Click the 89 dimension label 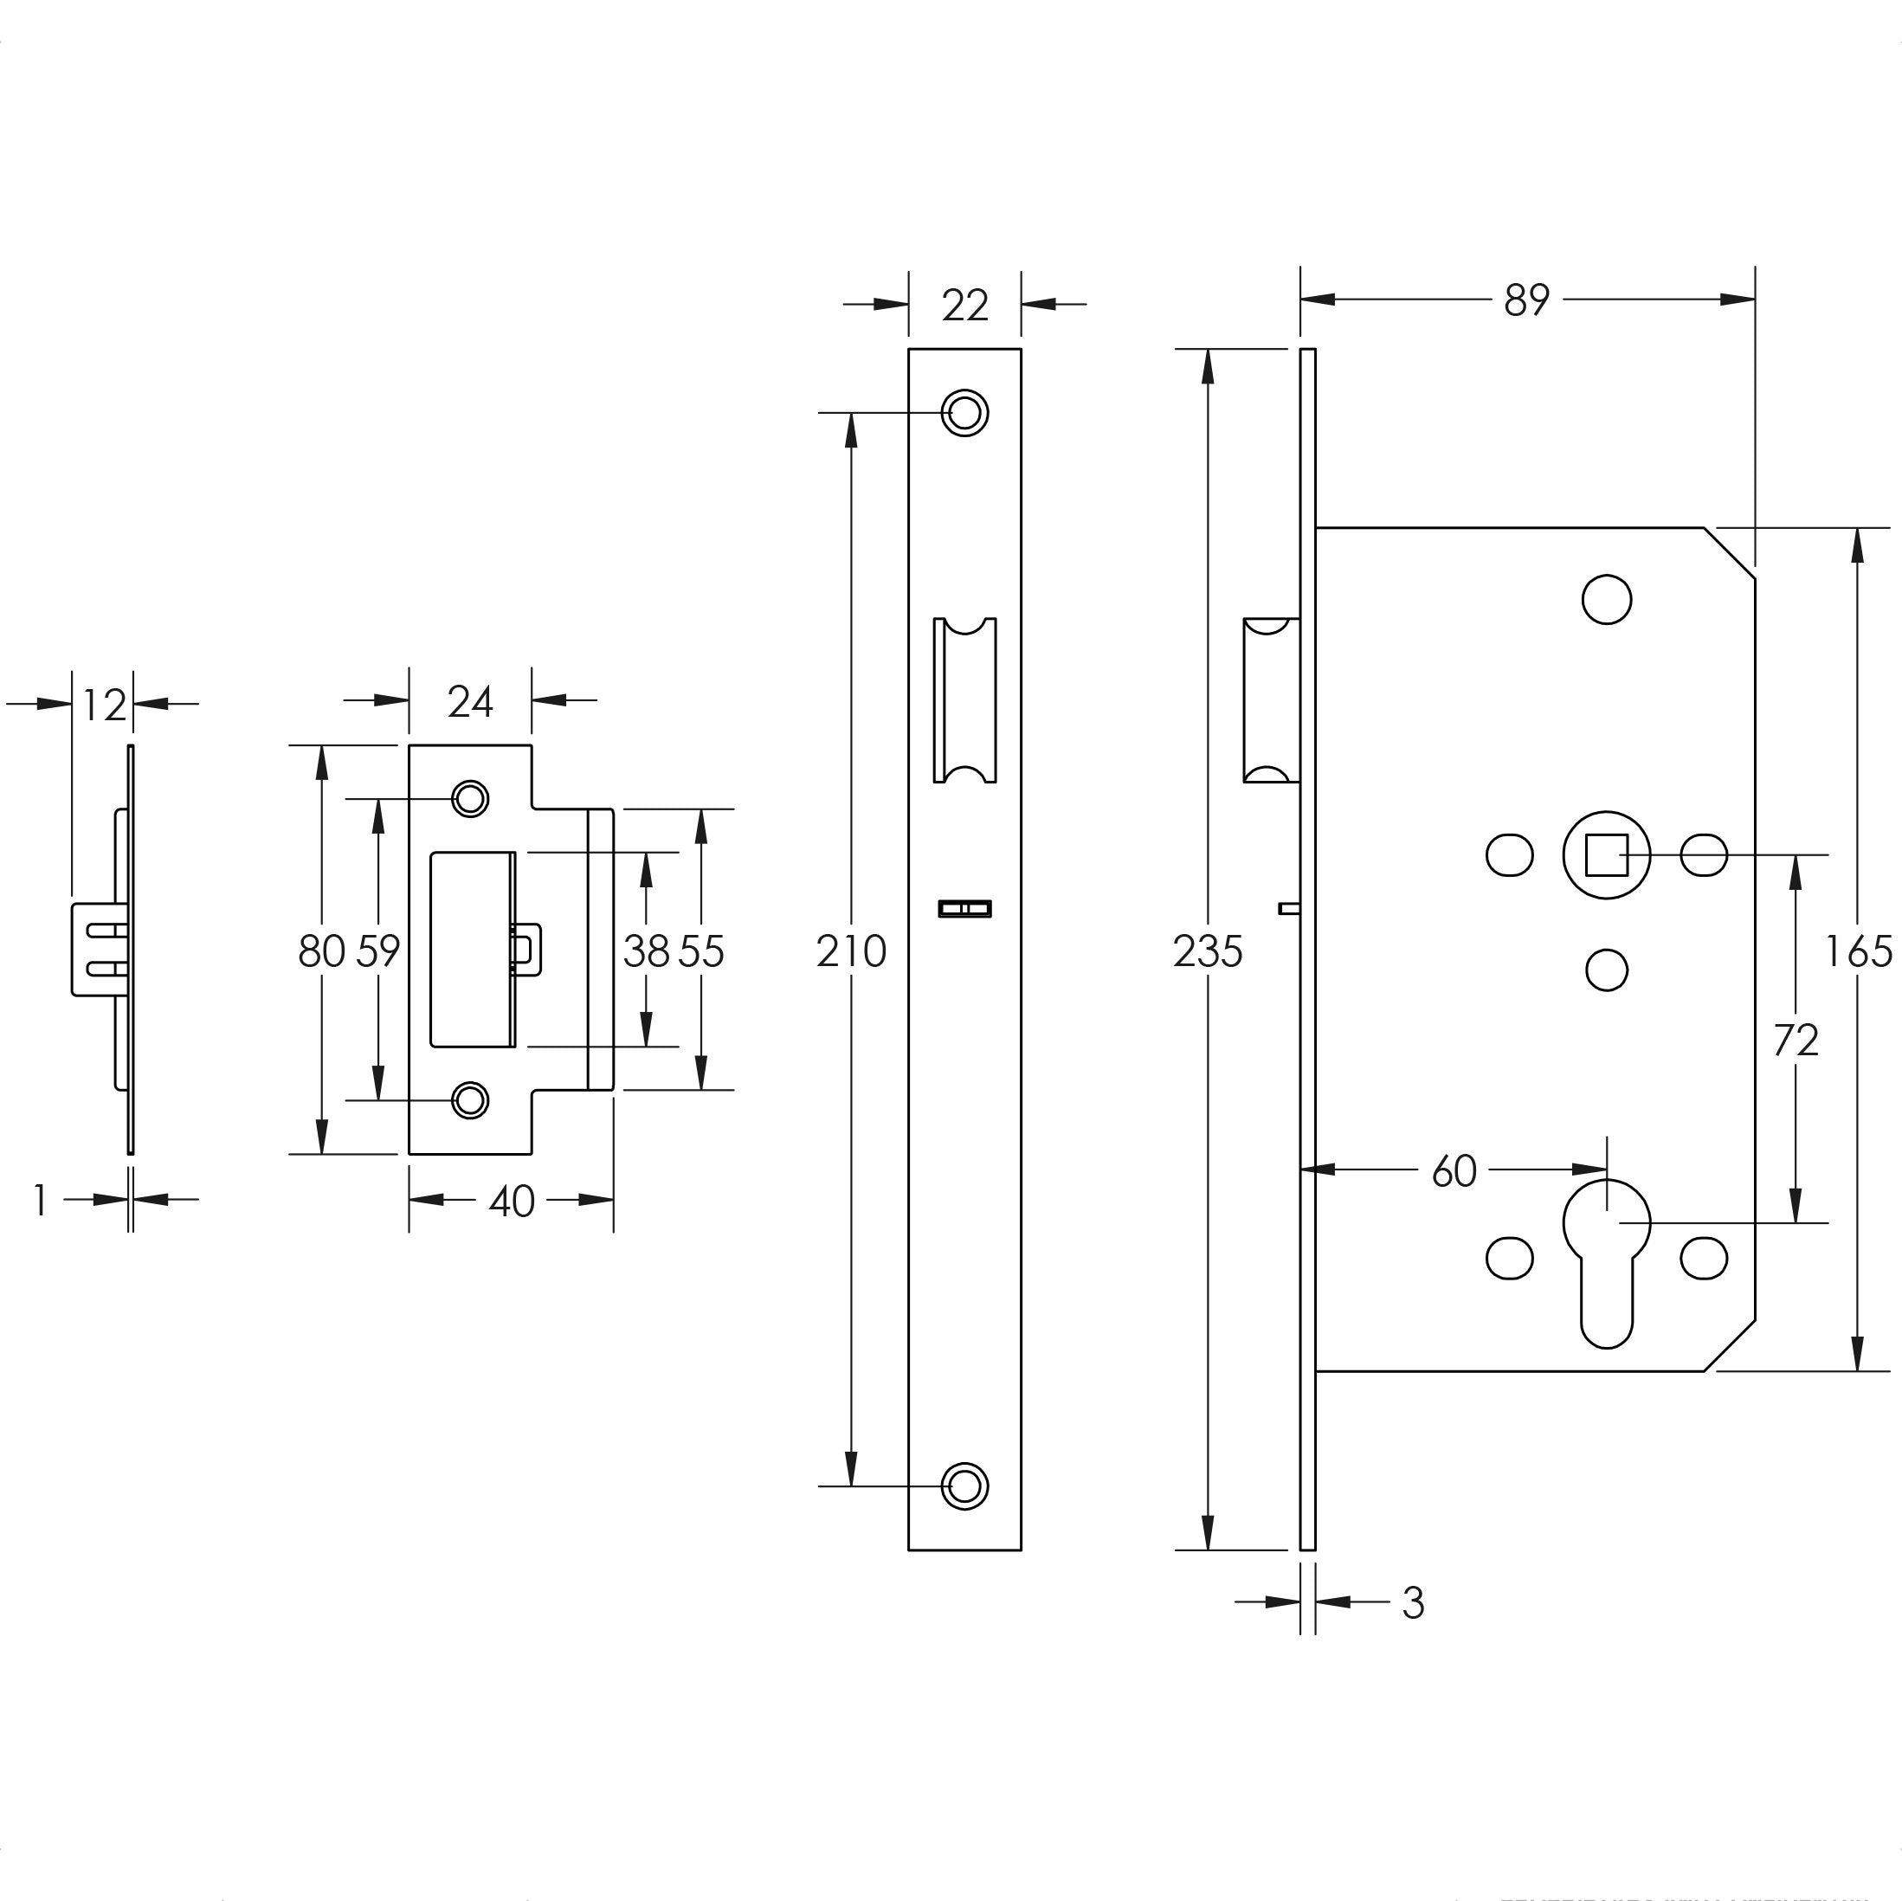(x=1527, y=300)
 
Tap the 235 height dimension (x=1208, y=952)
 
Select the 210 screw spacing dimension (x=852, y=952)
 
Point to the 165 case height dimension (x=1859, y=952)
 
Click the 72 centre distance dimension (x=1796, y=1041)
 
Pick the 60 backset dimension (x=1454, y=1171)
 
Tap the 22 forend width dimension (x=964, y=306)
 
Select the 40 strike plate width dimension (x=511, y=1201)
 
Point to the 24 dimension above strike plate (x=469, y=702)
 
